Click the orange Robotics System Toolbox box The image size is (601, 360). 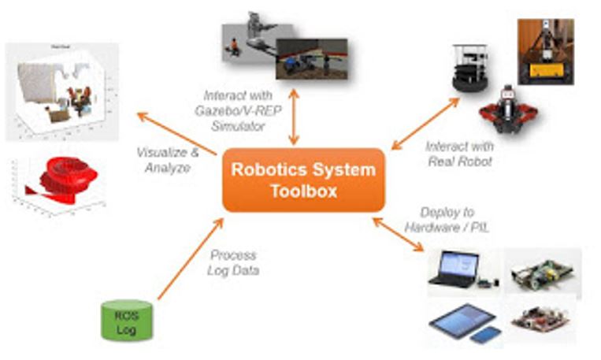(303, 180)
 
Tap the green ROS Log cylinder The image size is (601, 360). (121, 319)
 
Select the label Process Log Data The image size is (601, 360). (233, 262)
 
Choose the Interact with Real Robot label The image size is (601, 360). (459, 153)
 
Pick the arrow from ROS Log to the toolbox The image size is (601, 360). (190, 259)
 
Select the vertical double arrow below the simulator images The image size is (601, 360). (294, 117)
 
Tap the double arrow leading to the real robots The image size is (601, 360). (425, 123)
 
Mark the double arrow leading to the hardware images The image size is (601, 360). (398, 235)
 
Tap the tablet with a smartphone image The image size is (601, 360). (465, 322)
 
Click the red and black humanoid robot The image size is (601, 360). (506, 109)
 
